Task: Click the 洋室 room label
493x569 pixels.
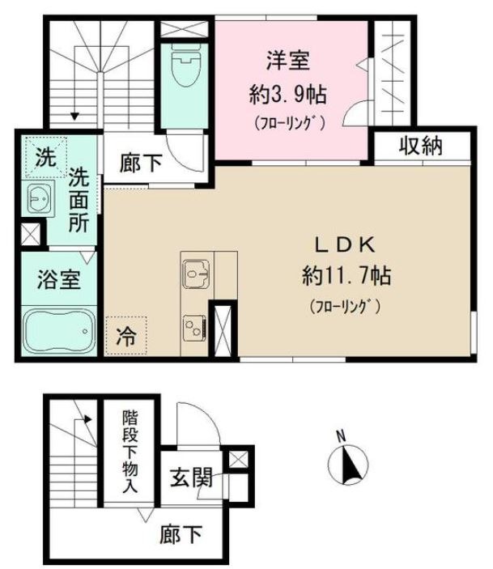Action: coord(287,62)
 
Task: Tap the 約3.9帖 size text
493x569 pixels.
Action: coord(287,94)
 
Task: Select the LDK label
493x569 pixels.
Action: coord(343,244)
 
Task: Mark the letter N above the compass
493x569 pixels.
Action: coord(342,438)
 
